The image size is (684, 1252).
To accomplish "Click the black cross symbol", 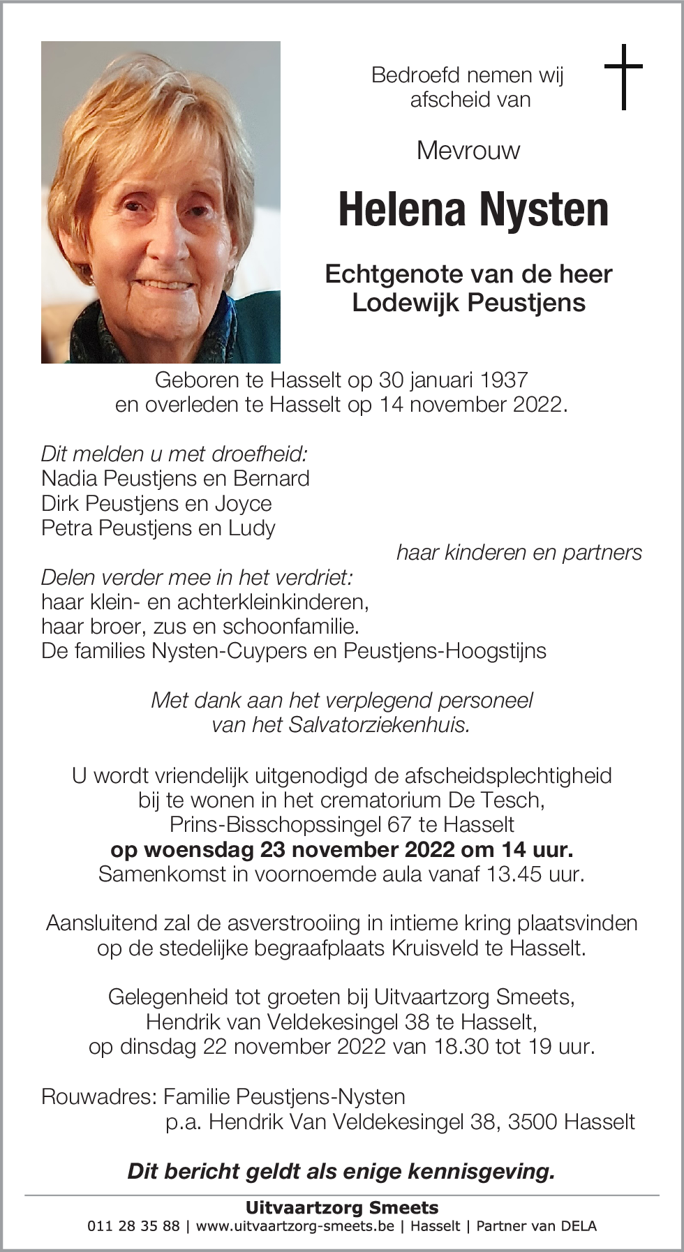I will pos(623,77).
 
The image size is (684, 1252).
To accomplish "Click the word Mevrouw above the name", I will pos(468,150).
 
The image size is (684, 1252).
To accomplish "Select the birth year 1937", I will pos(503,380).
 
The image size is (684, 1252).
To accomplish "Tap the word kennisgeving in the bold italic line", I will pos(481,1171).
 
